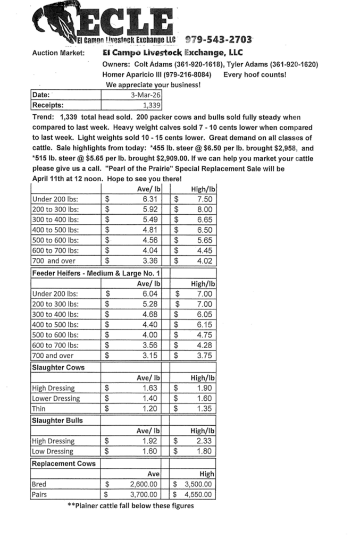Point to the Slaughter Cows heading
click(x=58, y=367)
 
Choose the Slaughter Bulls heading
click(x=58, y=420)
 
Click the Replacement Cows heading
click(x=64, y=463)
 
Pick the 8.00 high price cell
click(x=205, y=209)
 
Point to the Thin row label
click(x=39, y=409)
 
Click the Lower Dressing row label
click(x=56, y=398)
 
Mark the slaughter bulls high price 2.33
click(x=205, y=441)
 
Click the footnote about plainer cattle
click(x=130, y=506)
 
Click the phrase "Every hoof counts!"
click(x=255, y=74)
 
